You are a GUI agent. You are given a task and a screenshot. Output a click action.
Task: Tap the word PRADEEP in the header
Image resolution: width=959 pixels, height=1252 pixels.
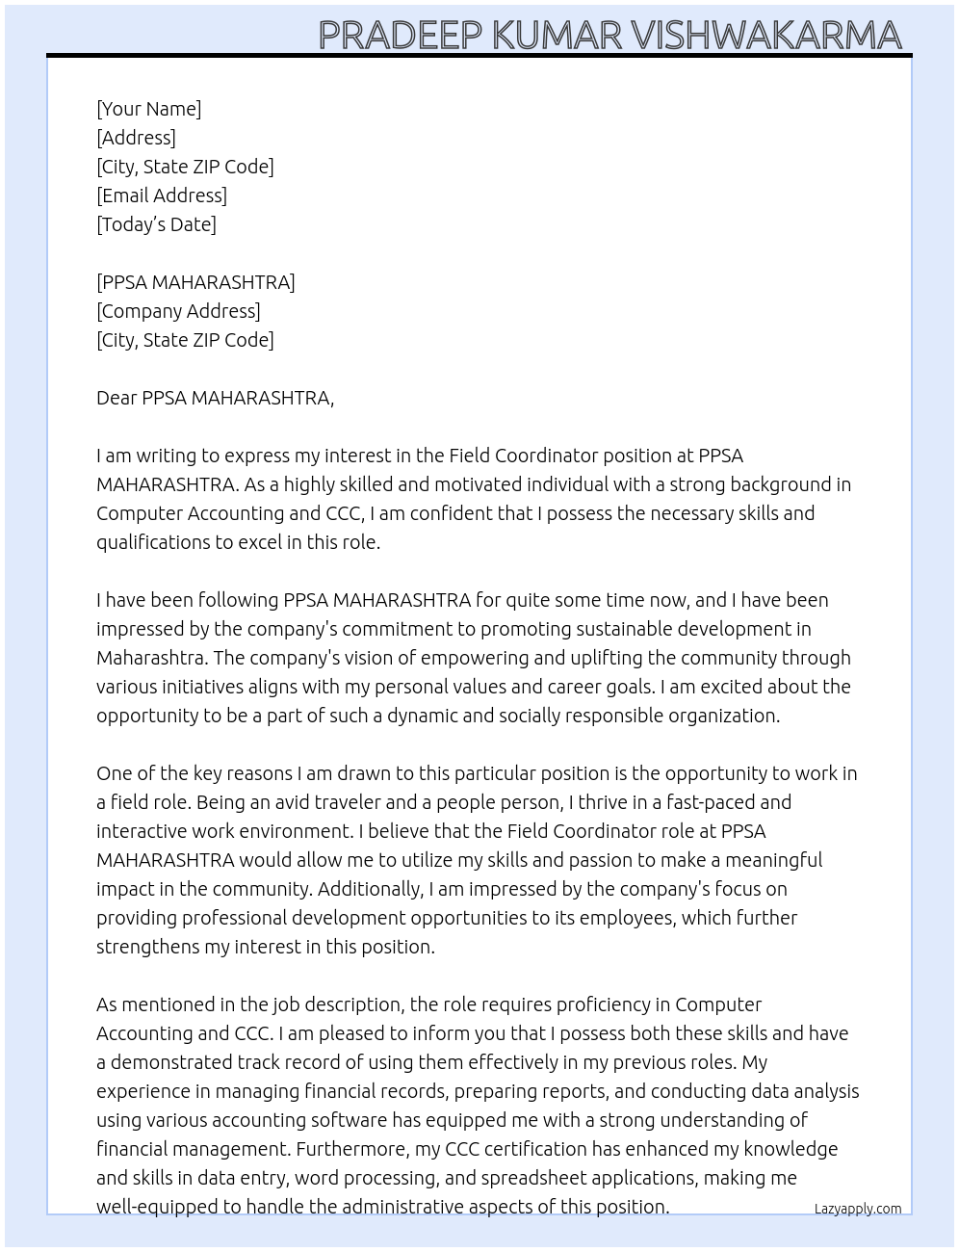(x=401, y=36)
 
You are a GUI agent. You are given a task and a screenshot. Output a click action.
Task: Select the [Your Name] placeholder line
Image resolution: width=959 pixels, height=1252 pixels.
(x=149, y=109)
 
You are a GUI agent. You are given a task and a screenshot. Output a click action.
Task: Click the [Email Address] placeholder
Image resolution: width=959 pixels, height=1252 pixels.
(x=162, y=196)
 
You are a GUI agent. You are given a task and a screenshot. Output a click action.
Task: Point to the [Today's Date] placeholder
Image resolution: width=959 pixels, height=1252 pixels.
(x=156, y=224)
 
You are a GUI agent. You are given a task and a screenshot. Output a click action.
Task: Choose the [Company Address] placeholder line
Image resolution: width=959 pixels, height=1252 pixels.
(x=178, y=311)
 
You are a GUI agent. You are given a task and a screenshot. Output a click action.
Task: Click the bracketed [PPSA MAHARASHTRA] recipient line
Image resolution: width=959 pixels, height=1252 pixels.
(x=195, y=282)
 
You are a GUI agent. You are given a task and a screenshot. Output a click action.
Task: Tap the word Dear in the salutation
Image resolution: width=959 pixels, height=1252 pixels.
(x=117, y=398)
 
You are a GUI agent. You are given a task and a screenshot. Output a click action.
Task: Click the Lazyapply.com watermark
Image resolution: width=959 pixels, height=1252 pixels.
(x=857, y=1209)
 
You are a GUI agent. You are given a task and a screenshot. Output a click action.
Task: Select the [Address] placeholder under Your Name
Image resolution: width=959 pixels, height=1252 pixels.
(x=136, y=138)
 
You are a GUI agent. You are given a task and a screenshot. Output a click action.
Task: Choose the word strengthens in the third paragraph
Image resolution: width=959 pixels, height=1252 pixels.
(x=147, y=947)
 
